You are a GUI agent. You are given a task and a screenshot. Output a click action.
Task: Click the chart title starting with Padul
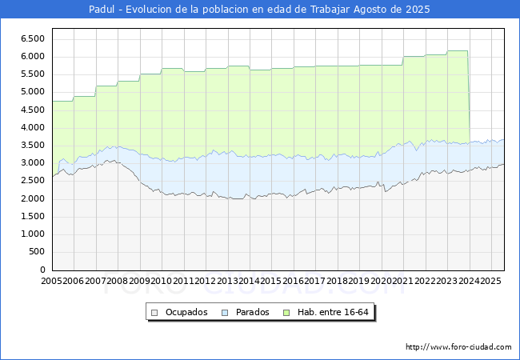(259, 10)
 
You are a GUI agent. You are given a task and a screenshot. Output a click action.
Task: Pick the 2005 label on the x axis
(52, 282)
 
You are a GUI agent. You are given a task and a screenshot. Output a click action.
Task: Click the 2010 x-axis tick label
(162, 282)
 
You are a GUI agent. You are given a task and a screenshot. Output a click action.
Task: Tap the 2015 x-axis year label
(271, 282)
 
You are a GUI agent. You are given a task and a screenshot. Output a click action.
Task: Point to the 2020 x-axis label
(381, 282)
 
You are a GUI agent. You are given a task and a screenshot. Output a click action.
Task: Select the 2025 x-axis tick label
(490, 282)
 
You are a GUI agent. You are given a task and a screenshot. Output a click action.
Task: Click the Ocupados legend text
(186, 312)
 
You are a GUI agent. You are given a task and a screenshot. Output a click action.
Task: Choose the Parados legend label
(253, 312)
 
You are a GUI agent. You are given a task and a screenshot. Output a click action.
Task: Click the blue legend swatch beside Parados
(226, 313)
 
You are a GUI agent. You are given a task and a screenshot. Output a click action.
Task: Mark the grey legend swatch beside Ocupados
(156, 313)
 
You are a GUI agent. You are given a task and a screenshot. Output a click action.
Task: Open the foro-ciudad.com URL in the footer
(458, 347)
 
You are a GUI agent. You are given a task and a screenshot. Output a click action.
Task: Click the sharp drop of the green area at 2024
(469, 96)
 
